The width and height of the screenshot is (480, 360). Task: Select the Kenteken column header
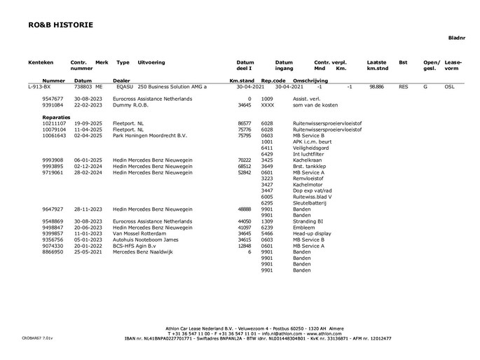pyautogui.click(x=41, y=62)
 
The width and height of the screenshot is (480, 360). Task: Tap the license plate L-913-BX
pyautogui.click(x=40, y=87)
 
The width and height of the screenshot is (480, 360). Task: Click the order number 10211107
pyautogui.click(x=54, y=123)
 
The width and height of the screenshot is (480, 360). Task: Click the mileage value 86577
pyautogui.click(x=245, y=123)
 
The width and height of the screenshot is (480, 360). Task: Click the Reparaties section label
pyautogui.click(x=57, y=117)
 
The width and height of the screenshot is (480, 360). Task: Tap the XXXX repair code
pyautogui.click(x=267, y=105)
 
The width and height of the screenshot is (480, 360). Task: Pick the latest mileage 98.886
pyautogui.click(x=376, y=87)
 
